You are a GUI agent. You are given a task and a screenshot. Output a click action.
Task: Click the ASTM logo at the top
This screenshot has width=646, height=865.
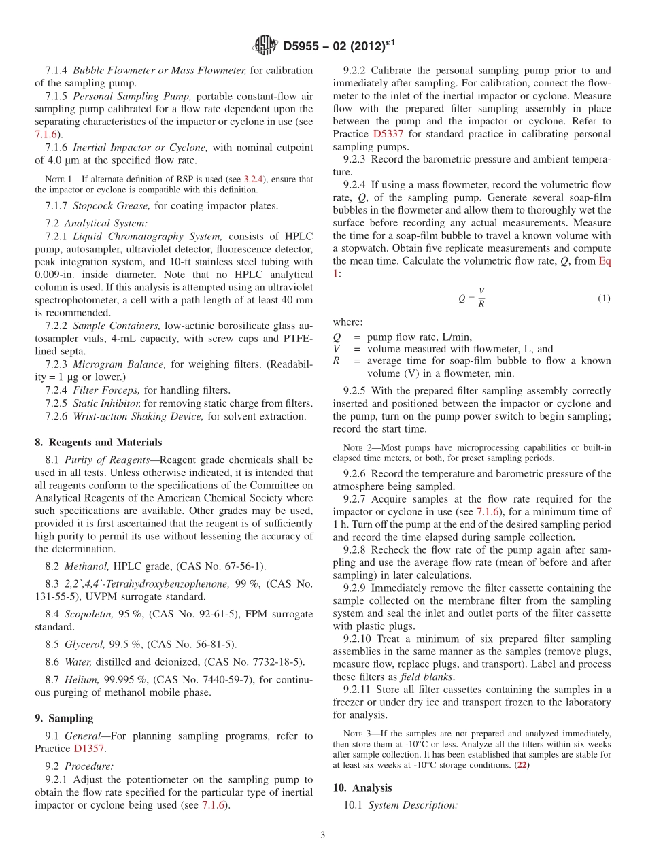pos(265,46)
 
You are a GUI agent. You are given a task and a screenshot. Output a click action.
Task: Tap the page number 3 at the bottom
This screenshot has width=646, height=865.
pos(323,835)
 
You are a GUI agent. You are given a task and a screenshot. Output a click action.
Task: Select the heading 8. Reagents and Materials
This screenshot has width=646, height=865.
pos(98,442)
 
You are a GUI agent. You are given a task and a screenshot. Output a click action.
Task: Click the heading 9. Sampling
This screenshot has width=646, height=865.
pos(64,718)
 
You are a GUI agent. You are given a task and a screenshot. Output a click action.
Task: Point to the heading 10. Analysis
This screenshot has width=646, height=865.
pos(362,787)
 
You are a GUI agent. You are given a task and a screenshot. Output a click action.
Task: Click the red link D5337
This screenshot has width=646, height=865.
pos(386,134)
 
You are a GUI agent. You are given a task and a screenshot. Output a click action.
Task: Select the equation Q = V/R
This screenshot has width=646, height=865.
pos(472,297)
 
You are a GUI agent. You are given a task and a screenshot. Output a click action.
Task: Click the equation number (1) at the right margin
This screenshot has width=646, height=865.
pos(604,298)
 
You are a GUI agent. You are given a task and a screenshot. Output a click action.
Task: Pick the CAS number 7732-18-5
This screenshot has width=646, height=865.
pos(273,662)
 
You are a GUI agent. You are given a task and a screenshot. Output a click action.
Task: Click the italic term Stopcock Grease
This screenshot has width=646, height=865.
pos(103,205)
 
